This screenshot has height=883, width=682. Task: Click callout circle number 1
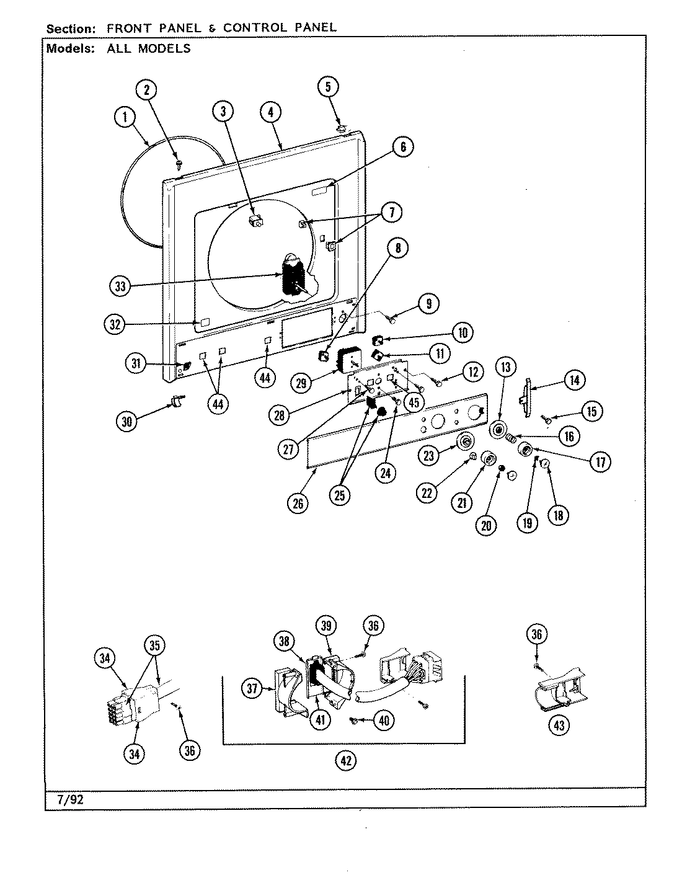(x=126, y=117)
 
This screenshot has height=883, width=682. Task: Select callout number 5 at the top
(x=329, y=87)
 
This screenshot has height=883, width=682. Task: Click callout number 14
(x=574, y=380)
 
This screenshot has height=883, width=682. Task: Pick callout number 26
(x=298, y=503)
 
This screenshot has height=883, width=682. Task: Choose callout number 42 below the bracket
(x=345, y=761)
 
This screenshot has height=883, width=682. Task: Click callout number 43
(x=559, y=725)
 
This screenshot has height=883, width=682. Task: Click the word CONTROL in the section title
(x=254, y=28)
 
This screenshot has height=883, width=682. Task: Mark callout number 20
(x=486, y=525)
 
